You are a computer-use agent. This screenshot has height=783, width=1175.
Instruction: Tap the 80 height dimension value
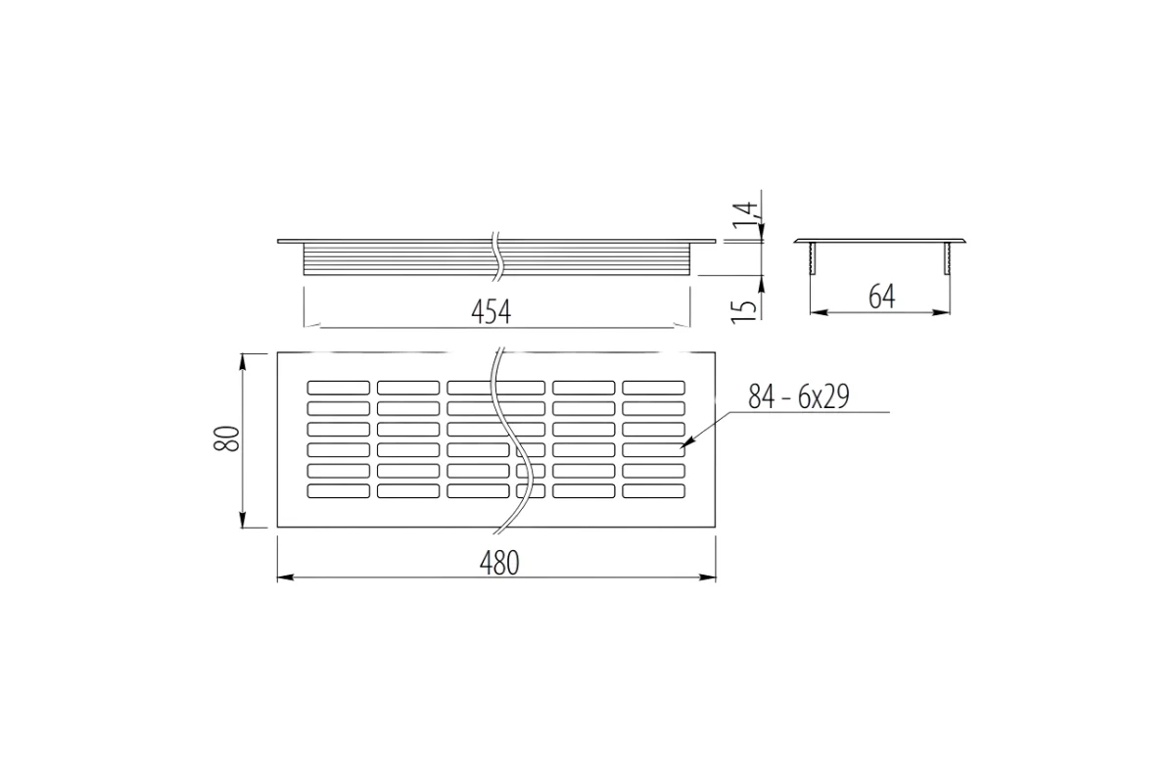[226, 438]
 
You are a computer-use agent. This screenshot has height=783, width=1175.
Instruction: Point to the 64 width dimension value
[882, 297]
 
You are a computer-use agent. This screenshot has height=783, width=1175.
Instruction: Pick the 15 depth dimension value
[745, 307]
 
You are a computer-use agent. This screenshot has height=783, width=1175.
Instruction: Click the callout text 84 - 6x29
[797, 396]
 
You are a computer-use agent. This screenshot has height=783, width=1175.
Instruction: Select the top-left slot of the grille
[338, 387]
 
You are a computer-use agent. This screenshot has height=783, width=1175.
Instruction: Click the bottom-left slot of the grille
[338, 490]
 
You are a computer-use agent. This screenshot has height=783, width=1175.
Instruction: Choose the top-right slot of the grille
[653, 387]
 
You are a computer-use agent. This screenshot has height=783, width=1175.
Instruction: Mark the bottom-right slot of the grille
[653, 490]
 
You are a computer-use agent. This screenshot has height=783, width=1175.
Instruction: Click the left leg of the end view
[813, 260]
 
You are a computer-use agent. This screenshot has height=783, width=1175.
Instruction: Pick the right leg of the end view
[947, 260]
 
